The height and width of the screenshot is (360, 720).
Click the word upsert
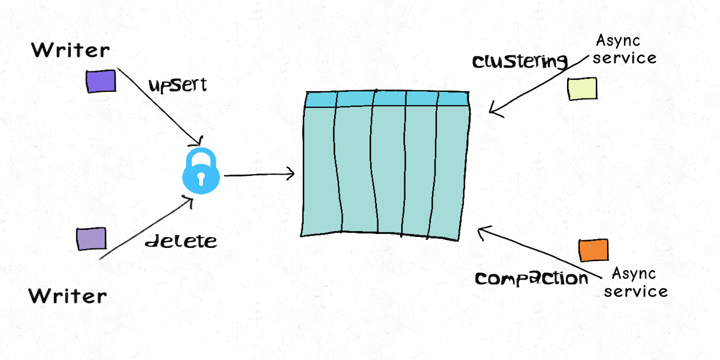pos(177,85)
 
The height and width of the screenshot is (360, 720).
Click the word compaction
pos(532,278)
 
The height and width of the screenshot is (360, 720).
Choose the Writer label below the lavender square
pos(68,295)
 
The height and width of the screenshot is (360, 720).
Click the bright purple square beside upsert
pos(101,81)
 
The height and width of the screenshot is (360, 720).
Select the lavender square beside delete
pos(91,239)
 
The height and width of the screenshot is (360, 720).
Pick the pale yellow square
pos(582,88)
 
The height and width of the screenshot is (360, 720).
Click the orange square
pos(593,250)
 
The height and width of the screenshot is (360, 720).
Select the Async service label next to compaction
pos(635,283)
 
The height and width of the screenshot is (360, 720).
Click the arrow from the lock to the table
pos(258,175)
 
